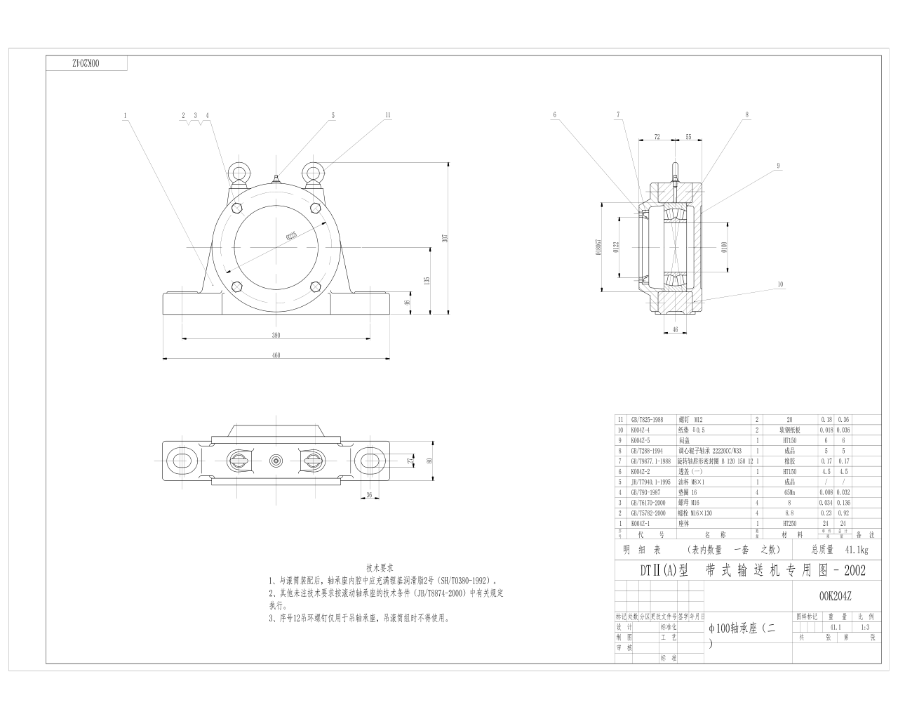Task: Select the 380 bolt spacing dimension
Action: (x=276, y=335)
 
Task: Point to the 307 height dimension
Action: (x=445, y=237)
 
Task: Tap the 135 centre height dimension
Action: (x=427, y=280)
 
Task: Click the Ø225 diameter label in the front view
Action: (x=291, y=236)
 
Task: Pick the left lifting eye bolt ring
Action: (x=239, y=173)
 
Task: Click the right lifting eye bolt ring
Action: (x=313, y=173)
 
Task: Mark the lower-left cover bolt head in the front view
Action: (x=236, y=286)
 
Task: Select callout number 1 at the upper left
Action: (x=124, y=115)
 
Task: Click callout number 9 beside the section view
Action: (x=778, y=166)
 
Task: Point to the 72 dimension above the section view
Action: (x=657, y=137)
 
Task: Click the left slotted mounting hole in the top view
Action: (x=182, y=461)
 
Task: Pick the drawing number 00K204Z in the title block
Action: (x=835, y=596)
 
